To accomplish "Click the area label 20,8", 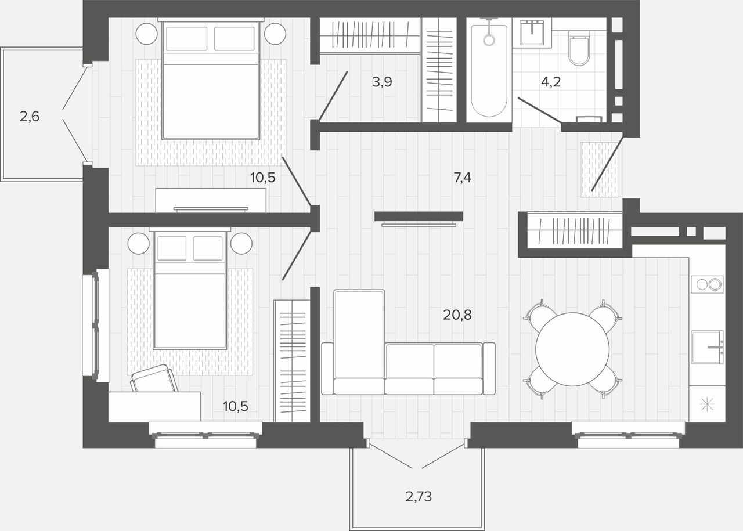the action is tap(457, 315).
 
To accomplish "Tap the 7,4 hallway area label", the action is tap(463, 178).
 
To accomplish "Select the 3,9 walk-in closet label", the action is tap(382, 82).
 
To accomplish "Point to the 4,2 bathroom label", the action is tap(551, 82).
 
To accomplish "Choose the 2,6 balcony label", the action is tap(30, 117).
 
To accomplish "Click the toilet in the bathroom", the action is tap(579, 50).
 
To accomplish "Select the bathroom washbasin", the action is tap(532, 32).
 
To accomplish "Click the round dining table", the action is tap(572, 349).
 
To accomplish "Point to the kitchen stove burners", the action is tap(707, 284).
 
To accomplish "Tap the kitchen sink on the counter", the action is tap(707, 347).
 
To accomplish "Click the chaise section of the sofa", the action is tap(359, 342).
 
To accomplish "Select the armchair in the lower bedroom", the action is tap(154, 379).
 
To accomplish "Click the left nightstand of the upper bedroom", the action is tap(147, 34).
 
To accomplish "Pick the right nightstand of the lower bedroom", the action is tap(241, 243).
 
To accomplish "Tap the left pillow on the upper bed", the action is tap(187, 39).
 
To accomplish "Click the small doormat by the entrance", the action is tap(600, 170).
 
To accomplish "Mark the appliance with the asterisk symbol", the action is tap(707, 404).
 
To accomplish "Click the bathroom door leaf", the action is tap(540, 110).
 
